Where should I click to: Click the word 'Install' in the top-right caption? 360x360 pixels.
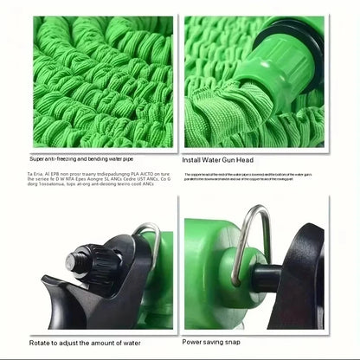pyautogui.click(x=195, y=159)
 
